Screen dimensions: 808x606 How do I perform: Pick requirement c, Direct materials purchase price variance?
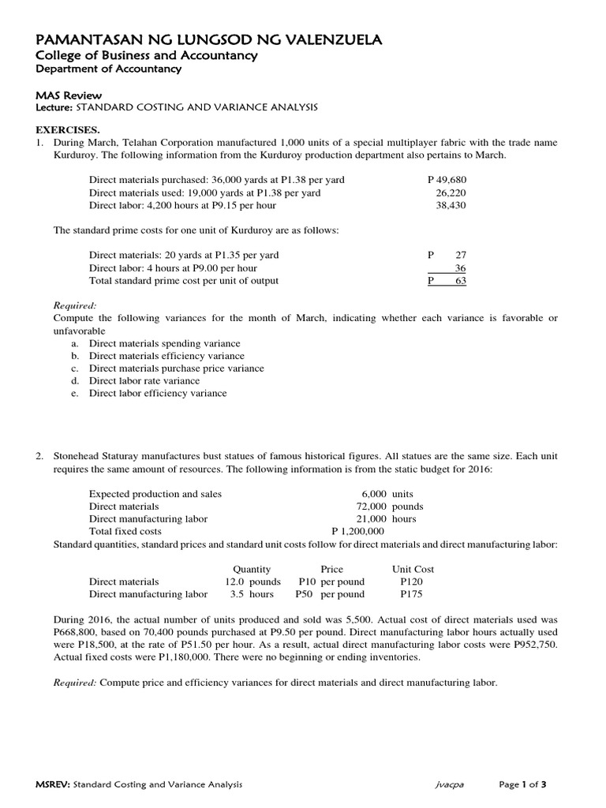176,368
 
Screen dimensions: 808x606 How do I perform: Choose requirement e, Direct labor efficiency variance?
157,393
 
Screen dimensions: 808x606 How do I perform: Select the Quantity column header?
252,569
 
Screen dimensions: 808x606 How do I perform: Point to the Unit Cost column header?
413,569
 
